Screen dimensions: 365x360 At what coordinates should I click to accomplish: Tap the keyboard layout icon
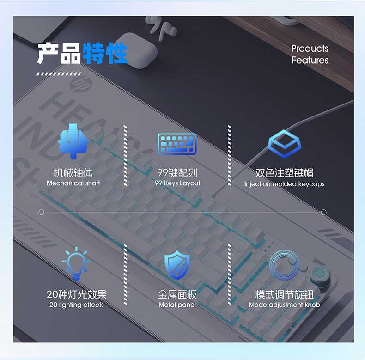(177, 144)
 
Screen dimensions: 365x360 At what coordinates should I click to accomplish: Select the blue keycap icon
(285, 144)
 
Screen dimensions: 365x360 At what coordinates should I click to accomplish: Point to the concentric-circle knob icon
(283, 265)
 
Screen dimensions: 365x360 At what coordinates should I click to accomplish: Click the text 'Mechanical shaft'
(73, 183)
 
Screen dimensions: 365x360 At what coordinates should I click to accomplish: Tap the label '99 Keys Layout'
(177, 183)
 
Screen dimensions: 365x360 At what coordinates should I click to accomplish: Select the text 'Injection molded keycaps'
(284, 184)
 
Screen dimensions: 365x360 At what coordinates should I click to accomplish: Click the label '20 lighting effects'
(76, 305)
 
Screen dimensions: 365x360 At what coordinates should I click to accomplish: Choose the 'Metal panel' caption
(177, 305)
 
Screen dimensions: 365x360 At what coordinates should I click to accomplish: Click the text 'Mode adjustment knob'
(284, 305)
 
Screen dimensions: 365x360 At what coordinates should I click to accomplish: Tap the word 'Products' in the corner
(310, 49)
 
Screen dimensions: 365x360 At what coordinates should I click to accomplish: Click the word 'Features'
(310, 61)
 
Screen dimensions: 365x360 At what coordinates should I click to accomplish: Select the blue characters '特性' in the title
(105, 54)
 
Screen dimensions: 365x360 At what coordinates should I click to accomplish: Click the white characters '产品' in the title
(59, 54)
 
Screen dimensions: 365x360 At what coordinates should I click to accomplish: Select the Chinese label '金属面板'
(177, 294)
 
